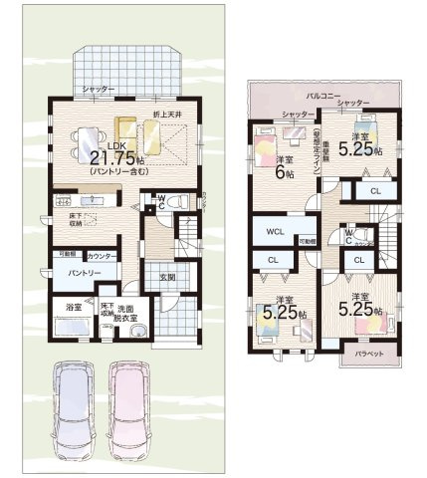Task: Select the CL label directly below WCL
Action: [273, 260]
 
